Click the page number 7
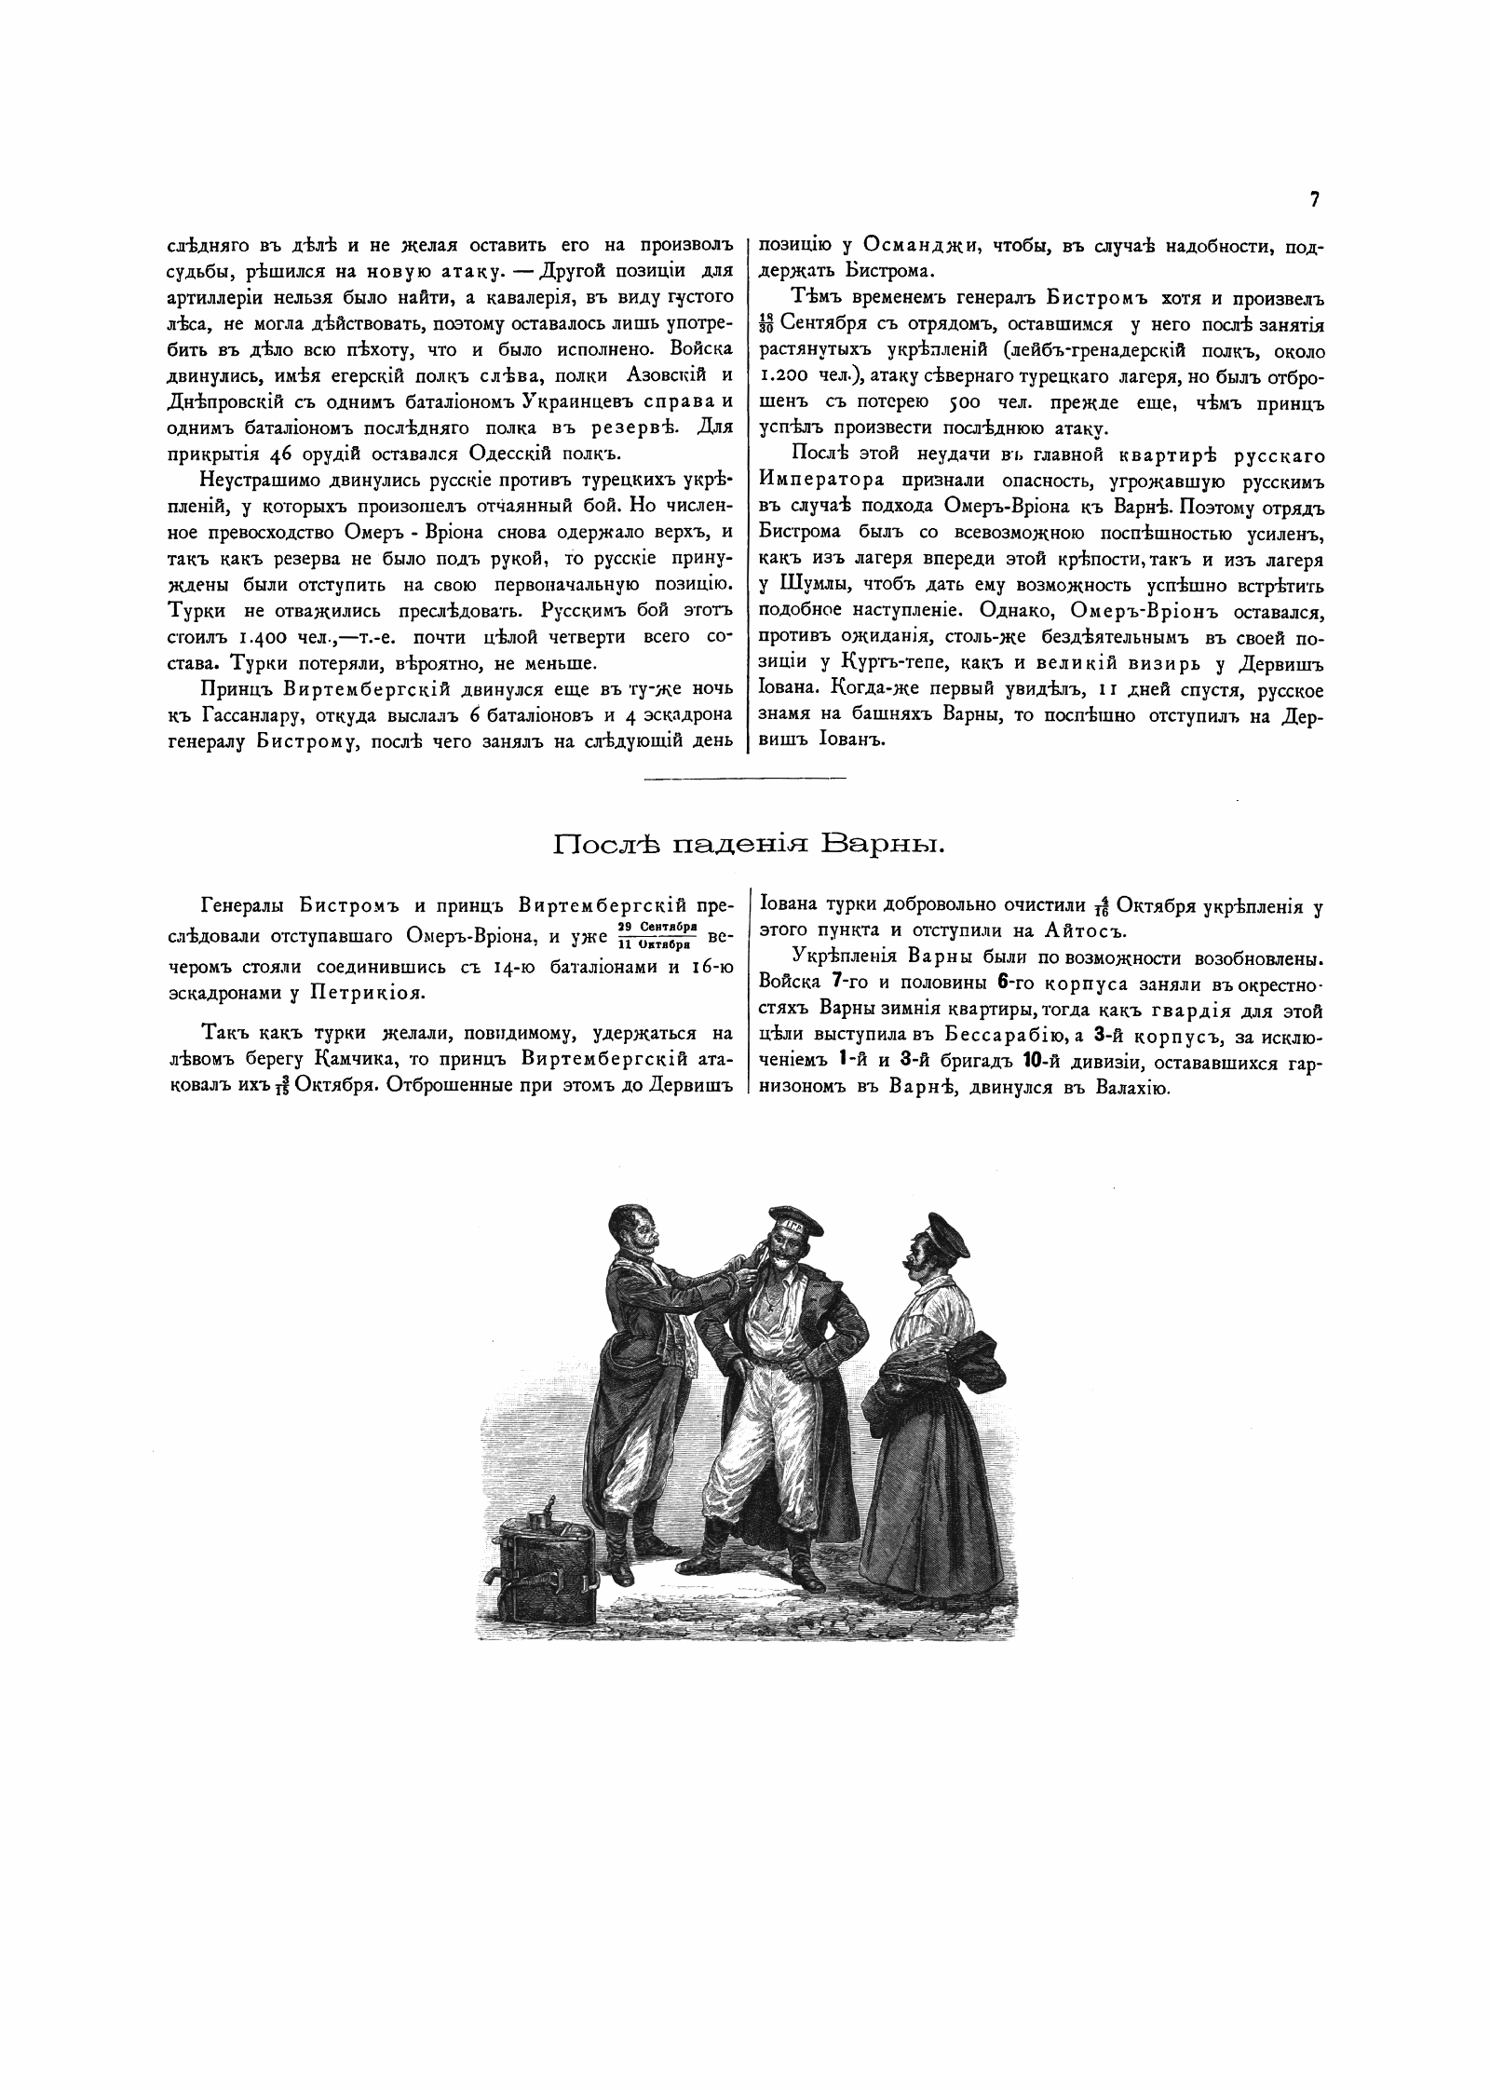[1314, 199]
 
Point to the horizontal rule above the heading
[745, 778]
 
